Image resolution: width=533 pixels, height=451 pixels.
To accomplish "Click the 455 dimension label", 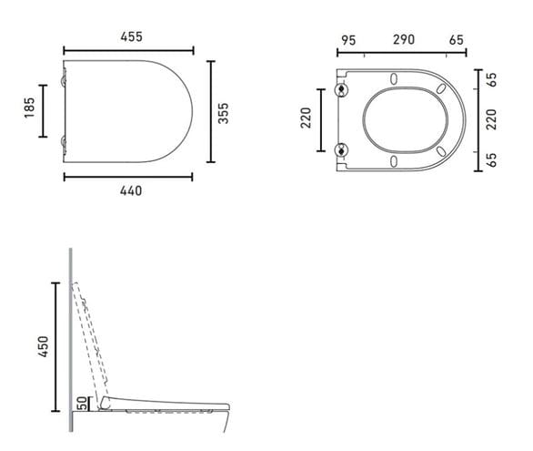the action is [x=131, y=36].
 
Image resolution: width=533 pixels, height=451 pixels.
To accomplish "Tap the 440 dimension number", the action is [x=131, y=191].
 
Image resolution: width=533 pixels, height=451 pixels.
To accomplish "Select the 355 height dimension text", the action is [x=224, y=113].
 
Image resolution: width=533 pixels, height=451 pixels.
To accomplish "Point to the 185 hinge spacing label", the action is [x=30, y=108].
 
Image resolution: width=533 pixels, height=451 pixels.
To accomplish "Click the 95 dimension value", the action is [x=348, y=40].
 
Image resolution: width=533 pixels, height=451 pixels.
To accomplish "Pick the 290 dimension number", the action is [x=404, y=39].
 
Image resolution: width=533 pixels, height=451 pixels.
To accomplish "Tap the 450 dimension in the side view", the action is [x=44, y=346].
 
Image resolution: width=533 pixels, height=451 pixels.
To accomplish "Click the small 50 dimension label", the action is [x=82, y=404].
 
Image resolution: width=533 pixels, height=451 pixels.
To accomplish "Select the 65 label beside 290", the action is [x=457, y=40].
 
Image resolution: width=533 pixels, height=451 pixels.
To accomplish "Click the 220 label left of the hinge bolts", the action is [x=306, y=118].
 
